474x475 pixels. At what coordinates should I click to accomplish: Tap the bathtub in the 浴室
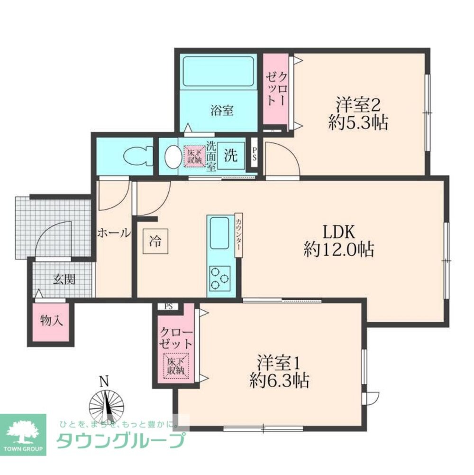(219, 71)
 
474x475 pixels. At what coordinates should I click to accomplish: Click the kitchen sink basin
(219, 233)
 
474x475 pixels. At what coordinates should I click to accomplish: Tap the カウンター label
(239, 235)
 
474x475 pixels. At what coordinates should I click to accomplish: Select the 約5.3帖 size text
(358, 123)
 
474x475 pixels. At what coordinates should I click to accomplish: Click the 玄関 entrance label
(64, 279)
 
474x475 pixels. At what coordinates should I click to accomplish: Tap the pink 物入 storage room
(51, 321)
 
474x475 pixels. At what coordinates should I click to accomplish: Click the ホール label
(114, 233)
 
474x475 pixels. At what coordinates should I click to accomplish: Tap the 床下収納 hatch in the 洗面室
(193, 156)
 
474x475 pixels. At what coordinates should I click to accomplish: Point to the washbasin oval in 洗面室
(171, 156)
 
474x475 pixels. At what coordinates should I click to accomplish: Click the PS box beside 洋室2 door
(254, 154)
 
